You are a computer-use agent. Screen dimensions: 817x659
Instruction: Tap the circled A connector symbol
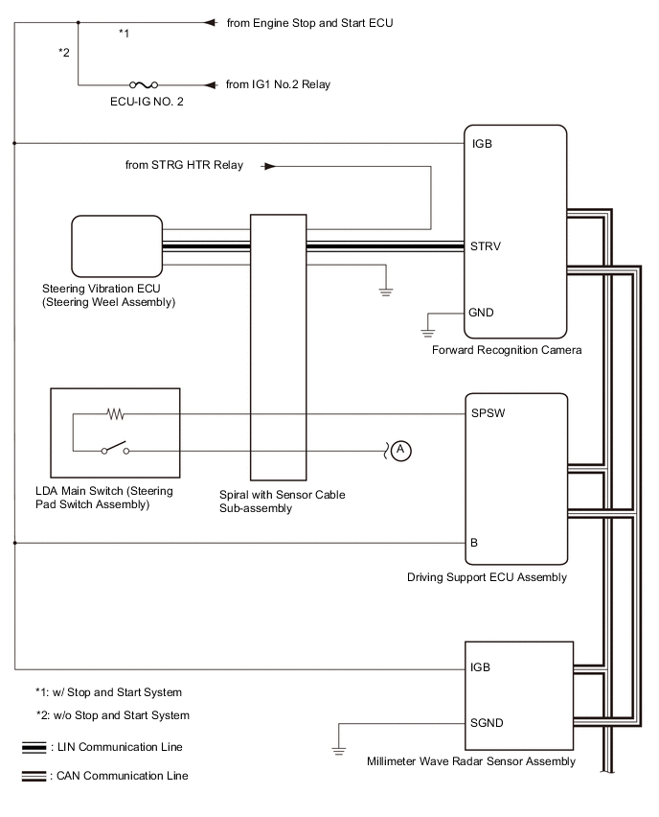coord(402,449)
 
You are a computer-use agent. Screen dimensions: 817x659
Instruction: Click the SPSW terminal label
coord(488,415)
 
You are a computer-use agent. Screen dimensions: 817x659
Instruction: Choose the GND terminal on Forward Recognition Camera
coord(481,313)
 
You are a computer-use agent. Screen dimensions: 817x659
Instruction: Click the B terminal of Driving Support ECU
coord(474,542)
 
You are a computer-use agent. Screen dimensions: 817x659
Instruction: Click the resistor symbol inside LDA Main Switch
coord(116,415)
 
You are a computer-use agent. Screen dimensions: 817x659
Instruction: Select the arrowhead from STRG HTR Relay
coord(269,166)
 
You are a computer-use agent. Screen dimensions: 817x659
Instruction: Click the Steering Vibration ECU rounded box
coord(117,245)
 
